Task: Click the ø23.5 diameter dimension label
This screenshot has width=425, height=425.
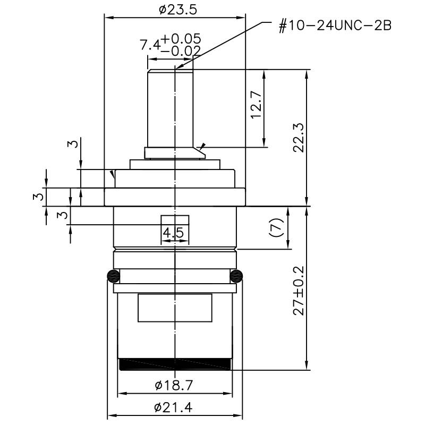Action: pos(178,10)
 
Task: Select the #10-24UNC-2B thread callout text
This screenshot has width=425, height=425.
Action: pos(335,26)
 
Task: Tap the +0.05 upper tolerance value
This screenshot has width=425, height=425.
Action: pos(181,39)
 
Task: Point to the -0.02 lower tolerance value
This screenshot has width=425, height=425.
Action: pos(181,50)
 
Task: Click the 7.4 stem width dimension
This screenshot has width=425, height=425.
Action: pos(150,45)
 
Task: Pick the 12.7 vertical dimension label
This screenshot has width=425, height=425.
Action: pos(257,104)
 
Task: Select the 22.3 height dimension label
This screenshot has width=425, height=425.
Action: pos(299,138)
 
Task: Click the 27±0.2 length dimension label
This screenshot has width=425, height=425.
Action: pos(299,291)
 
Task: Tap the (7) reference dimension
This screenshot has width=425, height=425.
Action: pos(276,228)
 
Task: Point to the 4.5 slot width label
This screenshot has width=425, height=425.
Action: pos(173,233)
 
